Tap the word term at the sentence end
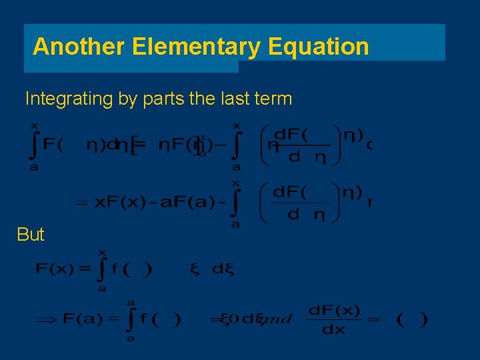[x=272, y=99]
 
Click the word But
[x=31, y=235]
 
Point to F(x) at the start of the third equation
[x=54, y=269]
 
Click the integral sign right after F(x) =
[x=101, y=269]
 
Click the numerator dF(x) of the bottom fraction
[x=334, y=311]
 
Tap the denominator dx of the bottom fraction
[x=333, y=330]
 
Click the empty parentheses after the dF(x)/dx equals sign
[x=412, y=319]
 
